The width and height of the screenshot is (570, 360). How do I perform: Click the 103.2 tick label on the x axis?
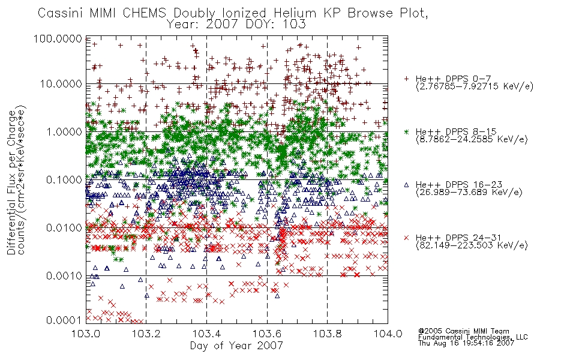click(146, 334)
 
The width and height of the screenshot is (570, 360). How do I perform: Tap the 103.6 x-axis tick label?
click(267, 334)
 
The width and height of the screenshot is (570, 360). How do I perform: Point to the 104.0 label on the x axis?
click(388, 334)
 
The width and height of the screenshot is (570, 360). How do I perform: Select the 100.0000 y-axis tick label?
click(58, 38)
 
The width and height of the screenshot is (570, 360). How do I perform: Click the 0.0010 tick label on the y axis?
click(64, 276)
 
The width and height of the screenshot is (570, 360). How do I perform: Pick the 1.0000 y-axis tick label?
click(64, 131)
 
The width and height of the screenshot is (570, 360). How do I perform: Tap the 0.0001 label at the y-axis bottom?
click(64, 320)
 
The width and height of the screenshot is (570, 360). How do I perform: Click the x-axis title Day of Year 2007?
click(236, 346)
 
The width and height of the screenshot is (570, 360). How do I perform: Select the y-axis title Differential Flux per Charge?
click(11, 182)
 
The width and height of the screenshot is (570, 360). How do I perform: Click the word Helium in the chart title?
click(295, 13)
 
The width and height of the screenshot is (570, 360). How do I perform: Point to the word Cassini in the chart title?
click(61, 13)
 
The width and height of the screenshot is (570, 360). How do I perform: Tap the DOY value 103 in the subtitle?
click(295, 25)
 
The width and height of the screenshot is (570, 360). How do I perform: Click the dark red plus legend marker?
click(406, 79)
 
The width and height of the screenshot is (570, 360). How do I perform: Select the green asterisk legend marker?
click(406, 131)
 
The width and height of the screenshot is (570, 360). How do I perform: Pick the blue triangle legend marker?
click(406, 185)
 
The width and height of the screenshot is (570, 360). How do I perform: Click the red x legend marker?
click(406, 238)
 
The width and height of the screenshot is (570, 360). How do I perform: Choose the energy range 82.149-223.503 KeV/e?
click(472, 245)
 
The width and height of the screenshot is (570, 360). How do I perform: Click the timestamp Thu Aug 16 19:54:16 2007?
click(466, 343)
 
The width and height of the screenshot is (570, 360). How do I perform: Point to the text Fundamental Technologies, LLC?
click(473, 337)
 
